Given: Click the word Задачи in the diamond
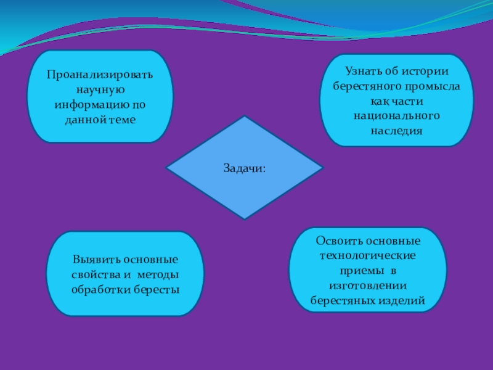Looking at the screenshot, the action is pyautogui.click(x=243, y=168).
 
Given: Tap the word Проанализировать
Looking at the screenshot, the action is pyautogui.click(x=100, y=75).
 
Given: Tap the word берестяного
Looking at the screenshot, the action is pyautogui.click(x=365, y=86).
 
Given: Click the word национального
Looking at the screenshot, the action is pyautogui.click(x=397, y=115).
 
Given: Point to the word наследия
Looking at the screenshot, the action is pyautogui.click(x=397, y=130).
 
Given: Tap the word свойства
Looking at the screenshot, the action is pyautogui.click(x=92, y=274).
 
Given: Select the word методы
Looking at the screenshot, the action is pyautogui.click(x=158, y=274).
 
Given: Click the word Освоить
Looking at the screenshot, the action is pyautogui.click(x=337, y=241).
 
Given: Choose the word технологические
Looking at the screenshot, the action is pyautogui.click(x=367, y=256).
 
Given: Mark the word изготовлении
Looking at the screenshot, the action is pyautogui.click(x=367, y=286).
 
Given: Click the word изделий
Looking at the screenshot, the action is pyautogui.click(x=404, y=301).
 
